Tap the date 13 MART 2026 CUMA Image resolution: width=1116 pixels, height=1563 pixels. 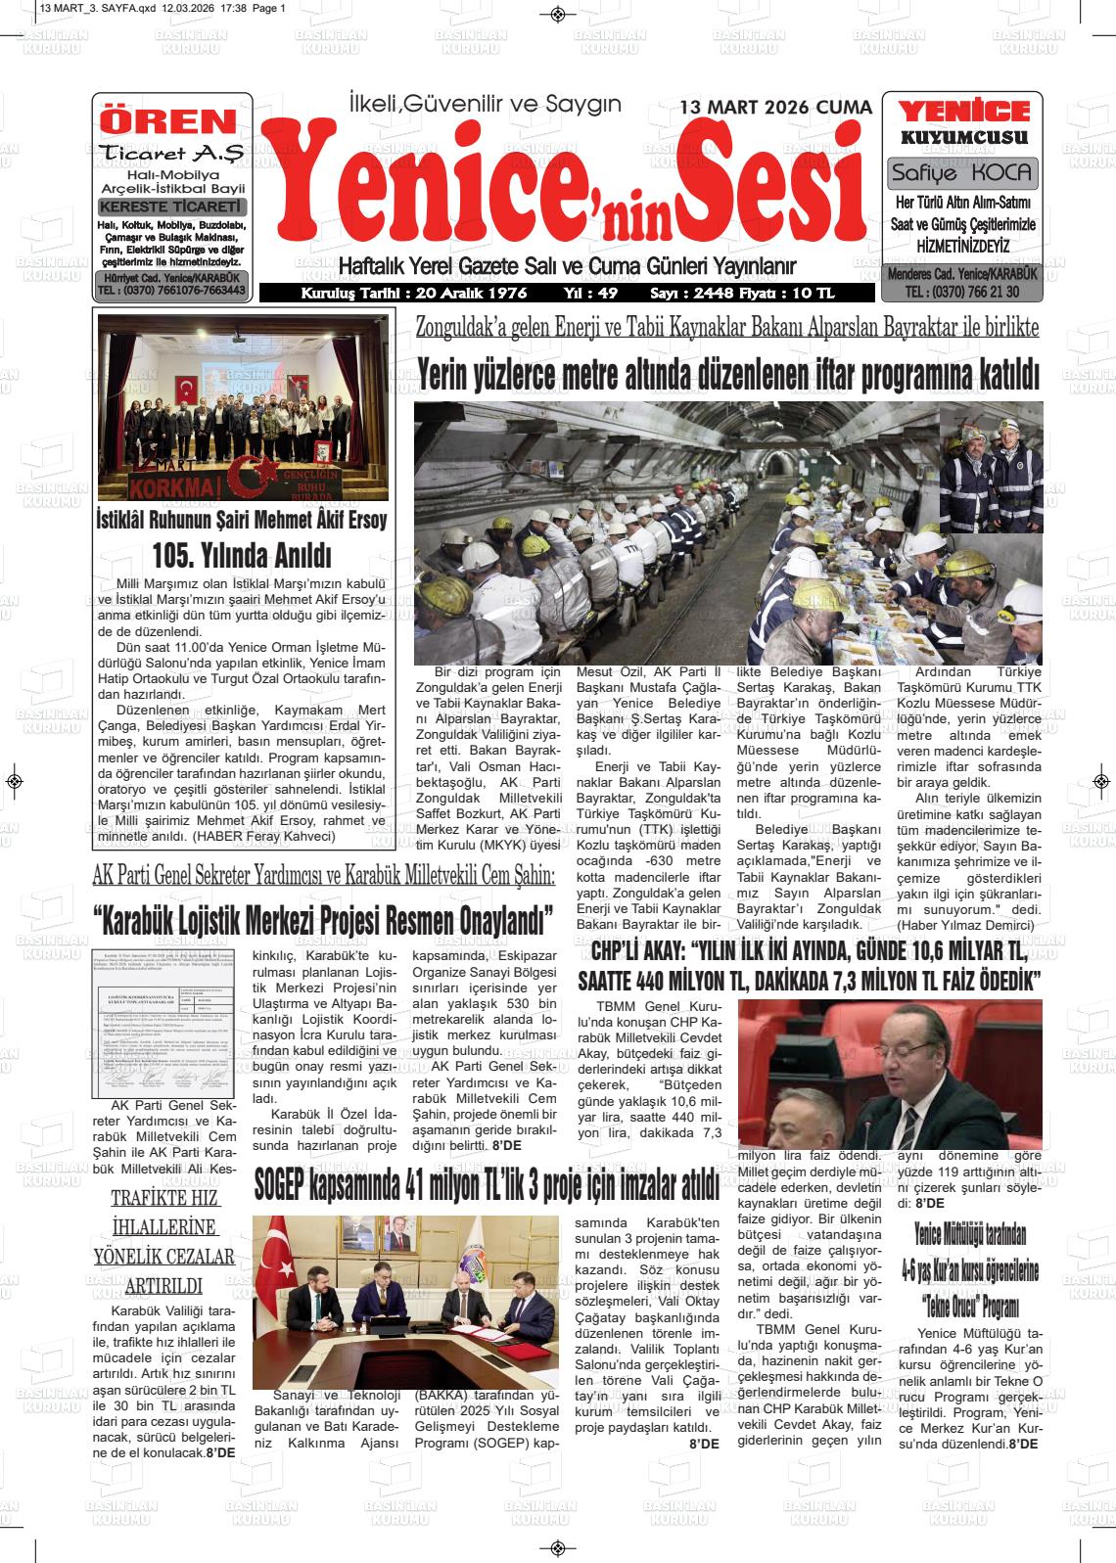[x=775, y=108]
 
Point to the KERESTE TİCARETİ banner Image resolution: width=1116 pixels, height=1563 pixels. [x=172, y=207]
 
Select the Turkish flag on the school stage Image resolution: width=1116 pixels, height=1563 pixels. [x=187, y=391]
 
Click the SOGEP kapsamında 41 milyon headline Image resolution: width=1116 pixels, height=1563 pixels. [x=487, y=1186]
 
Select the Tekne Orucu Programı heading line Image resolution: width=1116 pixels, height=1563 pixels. [x=970, y=1307]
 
